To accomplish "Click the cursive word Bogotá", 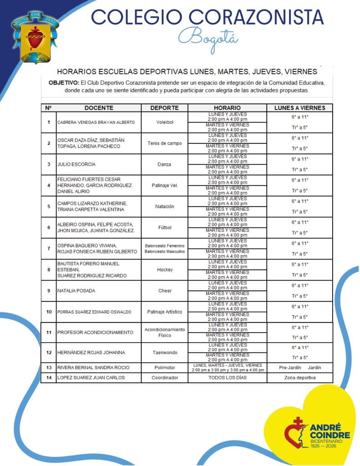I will (x=208, y=37).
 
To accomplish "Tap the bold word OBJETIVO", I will (x=63, y=83).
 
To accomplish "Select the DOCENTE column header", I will (x=98, y=108).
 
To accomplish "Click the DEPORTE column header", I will (x=164, y=108).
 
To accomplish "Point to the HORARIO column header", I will (x=227, y=108).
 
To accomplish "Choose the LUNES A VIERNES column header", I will (x=299, y=108).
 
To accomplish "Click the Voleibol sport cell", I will (x=164, y=122).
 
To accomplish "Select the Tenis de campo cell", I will (x=164, y=143).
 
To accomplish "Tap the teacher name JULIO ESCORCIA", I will (x=76, y=164).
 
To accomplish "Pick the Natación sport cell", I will (x=164, y=207).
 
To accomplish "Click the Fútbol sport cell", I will (x=164, y=228).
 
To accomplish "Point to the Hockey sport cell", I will (x=164, y=270).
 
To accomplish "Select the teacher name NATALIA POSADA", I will (x=76, y=291).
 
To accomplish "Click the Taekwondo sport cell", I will (x=164, y=353).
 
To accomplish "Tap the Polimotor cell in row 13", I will (x=164, y=368).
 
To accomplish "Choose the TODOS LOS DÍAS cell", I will (x=227, y=378).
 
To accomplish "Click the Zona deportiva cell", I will (x=299, y=378).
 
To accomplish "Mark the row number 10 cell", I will (x=48, y=312).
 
